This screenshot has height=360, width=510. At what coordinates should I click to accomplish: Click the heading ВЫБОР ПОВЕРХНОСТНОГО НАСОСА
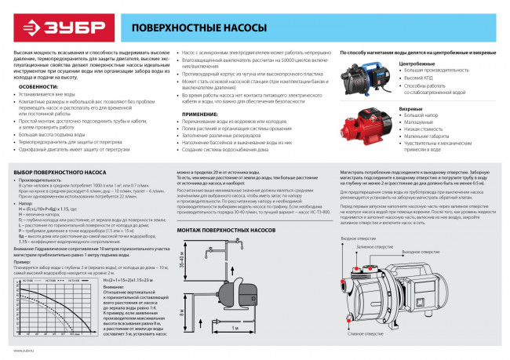[x=58, y=172]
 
